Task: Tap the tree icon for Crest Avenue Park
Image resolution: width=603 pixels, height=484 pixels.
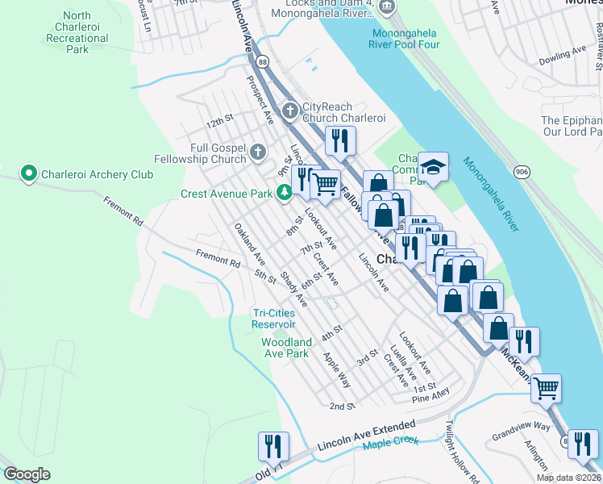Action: (x=284, y=193)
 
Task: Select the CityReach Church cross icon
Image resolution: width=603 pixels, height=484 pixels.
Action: (x=290, y=109)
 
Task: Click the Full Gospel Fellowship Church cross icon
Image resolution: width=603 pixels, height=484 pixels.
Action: (x=257, y=152)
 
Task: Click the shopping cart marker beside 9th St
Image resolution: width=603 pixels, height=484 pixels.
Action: (x=325, y=183)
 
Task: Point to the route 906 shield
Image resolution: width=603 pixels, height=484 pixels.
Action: (x=522, y=172)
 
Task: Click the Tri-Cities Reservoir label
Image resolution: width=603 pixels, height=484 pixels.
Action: (x=279, y=319)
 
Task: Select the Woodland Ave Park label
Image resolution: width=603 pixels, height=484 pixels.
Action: (x=285, y=348)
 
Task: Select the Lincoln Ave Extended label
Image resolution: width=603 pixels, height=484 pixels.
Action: (x=367, y=435)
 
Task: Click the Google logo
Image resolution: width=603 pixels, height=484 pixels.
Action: (x=27, y=474)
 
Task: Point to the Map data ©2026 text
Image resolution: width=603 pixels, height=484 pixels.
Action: (x=568, y=478)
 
